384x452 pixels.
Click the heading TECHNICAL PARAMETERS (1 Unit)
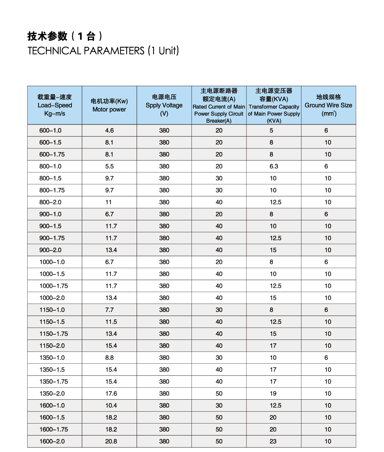point(103,50)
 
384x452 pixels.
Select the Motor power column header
point(109,105)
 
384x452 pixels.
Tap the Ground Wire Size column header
point(328,105)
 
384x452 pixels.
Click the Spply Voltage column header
point(164,105)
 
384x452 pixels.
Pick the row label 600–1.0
point(50,130)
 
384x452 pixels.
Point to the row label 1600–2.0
point(52,441)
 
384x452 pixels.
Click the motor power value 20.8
point(111,441)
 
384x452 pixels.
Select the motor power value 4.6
point(109,130)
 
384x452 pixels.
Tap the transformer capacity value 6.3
point(274,166)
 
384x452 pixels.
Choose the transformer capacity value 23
point(273,441)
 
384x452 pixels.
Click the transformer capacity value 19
point(273,393)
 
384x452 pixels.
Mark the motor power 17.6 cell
point(111,393)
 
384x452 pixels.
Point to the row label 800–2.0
point(50,202)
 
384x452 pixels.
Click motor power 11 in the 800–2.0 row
point(108,202)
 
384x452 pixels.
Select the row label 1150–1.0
point(52,310)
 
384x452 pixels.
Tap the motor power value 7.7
point(109,310)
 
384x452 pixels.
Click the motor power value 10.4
point(111,406)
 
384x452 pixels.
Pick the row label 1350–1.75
point(54,382)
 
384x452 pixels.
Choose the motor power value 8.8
point(109,358)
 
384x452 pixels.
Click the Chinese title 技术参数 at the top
point(47,36)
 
